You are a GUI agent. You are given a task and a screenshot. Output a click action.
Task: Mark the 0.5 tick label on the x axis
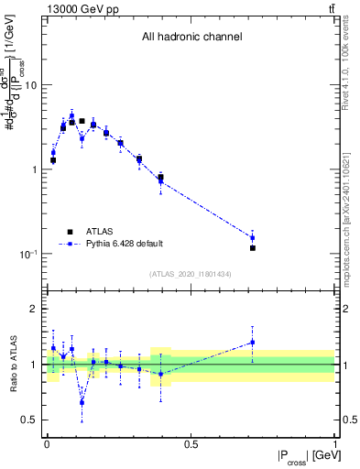(191, 442)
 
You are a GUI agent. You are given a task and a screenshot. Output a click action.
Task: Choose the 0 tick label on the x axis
(47, 442)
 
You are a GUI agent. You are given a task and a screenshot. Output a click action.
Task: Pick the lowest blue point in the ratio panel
(82, 402)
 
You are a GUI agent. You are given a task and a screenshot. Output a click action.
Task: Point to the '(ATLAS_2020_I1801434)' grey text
(191, 274)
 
